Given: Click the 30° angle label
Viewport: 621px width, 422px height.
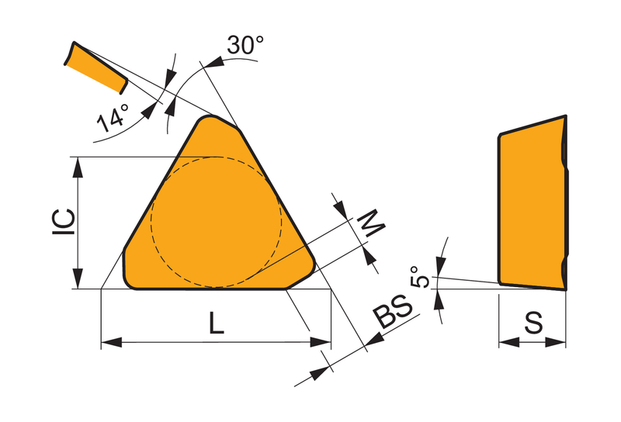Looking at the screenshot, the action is click(245, 45).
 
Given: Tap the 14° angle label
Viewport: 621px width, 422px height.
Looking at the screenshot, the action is click(113, 118).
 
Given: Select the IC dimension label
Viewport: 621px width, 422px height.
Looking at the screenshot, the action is click(64, 222).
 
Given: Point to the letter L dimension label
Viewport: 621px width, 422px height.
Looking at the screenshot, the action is click(217, 323).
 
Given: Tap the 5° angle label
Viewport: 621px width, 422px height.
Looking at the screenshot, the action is click(420, 277).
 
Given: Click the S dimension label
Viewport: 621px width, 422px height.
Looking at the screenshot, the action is click(533, 323).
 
